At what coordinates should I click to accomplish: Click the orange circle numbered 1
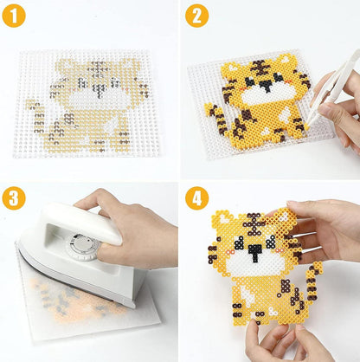click(x=14, y=16)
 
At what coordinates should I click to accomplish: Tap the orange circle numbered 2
click(x=196, y=16)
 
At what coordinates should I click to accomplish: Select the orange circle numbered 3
click(x=14, y=198)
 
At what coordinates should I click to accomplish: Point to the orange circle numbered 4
click(x=196, y=198)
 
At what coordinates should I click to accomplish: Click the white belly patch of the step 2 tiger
click(x=285, y=114)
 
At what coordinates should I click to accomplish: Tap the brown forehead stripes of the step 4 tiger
click(x=254, y=222)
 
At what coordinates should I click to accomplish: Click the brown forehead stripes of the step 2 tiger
click(x=262, y=67)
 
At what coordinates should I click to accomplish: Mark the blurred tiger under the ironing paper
click(x=78, y=301)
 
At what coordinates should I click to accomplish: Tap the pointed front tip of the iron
click(x=18, y=243)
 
